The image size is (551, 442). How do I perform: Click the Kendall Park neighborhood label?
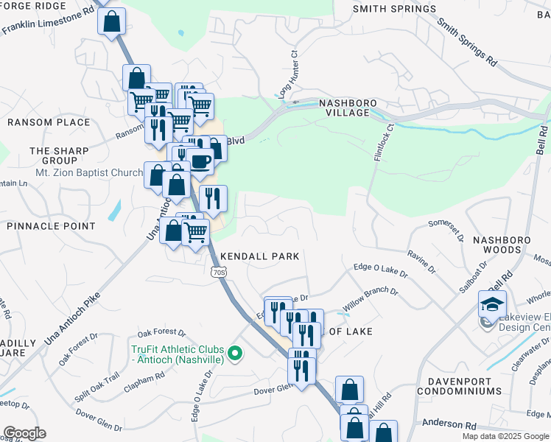tap(260, 256)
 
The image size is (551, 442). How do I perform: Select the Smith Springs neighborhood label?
tap(394, 9)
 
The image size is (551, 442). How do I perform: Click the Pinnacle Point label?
tap(51, 225)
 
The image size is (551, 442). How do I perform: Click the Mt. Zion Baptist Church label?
tap(88, 173)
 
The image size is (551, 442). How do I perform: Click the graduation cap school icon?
tap(492, 304)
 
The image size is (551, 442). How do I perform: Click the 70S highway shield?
tap(218, 272)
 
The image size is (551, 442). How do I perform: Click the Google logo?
tap(24, 433)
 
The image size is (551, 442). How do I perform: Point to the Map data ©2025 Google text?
tap(505, 436)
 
